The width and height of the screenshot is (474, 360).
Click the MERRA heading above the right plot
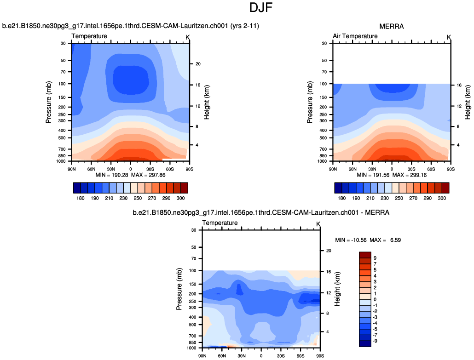392,26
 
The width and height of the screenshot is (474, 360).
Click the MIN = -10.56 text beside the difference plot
353,240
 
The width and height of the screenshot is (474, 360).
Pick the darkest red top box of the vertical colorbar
365,255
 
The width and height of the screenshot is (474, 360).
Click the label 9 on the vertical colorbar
376,258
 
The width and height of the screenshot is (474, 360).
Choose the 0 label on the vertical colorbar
376,299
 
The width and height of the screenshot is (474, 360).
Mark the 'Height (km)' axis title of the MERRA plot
468,102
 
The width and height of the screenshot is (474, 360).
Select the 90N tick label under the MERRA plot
333,169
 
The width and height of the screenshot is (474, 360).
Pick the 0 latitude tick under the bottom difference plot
261,355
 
